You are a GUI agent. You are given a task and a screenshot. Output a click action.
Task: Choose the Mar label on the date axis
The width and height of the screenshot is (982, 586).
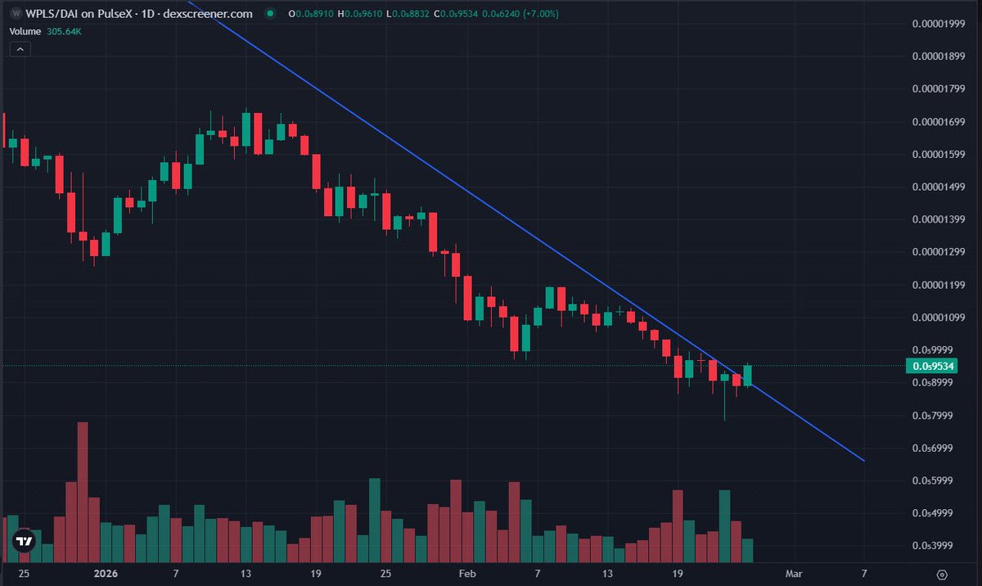794,574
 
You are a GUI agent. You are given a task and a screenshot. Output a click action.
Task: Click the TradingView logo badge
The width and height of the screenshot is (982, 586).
25,541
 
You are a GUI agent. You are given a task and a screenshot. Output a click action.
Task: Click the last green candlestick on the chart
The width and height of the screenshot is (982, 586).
747,376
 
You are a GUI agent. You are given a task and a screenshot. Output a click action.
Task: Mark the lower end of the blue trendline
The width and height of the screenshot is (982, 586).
864,461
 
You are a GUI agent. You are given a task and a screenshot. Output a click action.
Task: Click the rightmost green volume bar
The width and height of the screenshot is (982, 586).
747,551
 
